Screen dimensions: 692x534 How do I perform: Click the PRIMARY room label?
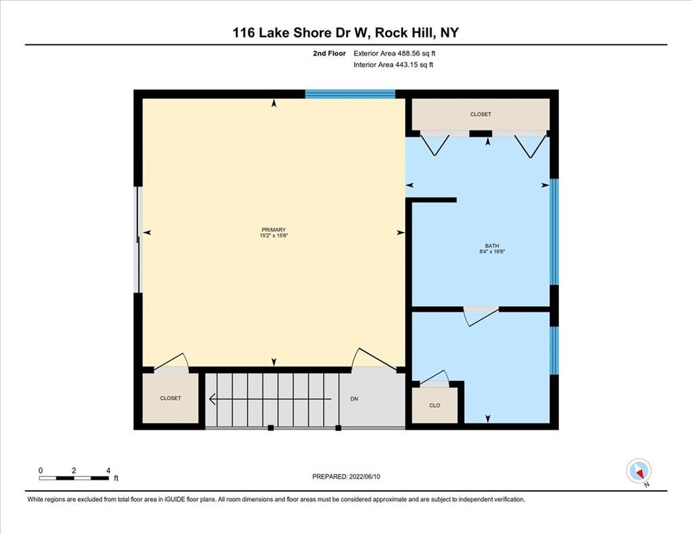[274, 229]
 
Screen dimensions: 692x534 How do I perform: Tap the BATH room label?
[492, 246]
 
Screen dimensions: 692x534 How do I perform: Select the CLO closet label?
[435, 405]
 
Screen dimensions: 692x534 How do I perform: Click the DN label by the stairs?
[354, 399]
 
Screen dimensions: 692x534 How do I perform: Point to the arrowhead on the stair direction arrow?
[212, 399]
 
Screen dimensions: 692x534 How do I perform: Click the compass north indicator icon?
[639, 472]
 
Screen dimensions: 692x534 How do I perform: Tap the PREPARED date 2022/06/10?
[365, 476]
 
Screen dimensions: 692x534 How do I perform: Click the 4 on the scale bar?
[108, 470]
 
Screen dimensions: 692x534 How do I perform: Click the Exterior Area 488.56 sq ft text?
[395, 54]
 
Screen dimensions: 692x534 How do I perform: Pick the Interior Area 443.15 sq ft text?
[393, 65]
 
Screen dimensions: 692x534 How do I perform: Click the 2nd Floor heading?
[330, 54]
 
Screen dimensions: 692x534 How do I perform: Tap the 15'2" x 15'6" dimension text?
[274, 235]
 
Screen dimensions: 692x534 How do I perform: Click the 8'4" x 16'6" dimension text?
[492, 251]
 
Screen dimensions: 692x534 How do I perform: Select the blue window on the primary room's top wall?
[350, 94]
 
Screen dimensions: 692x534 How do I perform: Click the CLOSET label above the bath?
[481, 114]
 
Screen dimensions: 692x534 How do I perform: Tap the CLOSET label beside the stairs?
[170, 398]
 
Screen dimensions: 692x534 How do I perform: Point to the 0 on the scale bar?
[41, 470]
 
